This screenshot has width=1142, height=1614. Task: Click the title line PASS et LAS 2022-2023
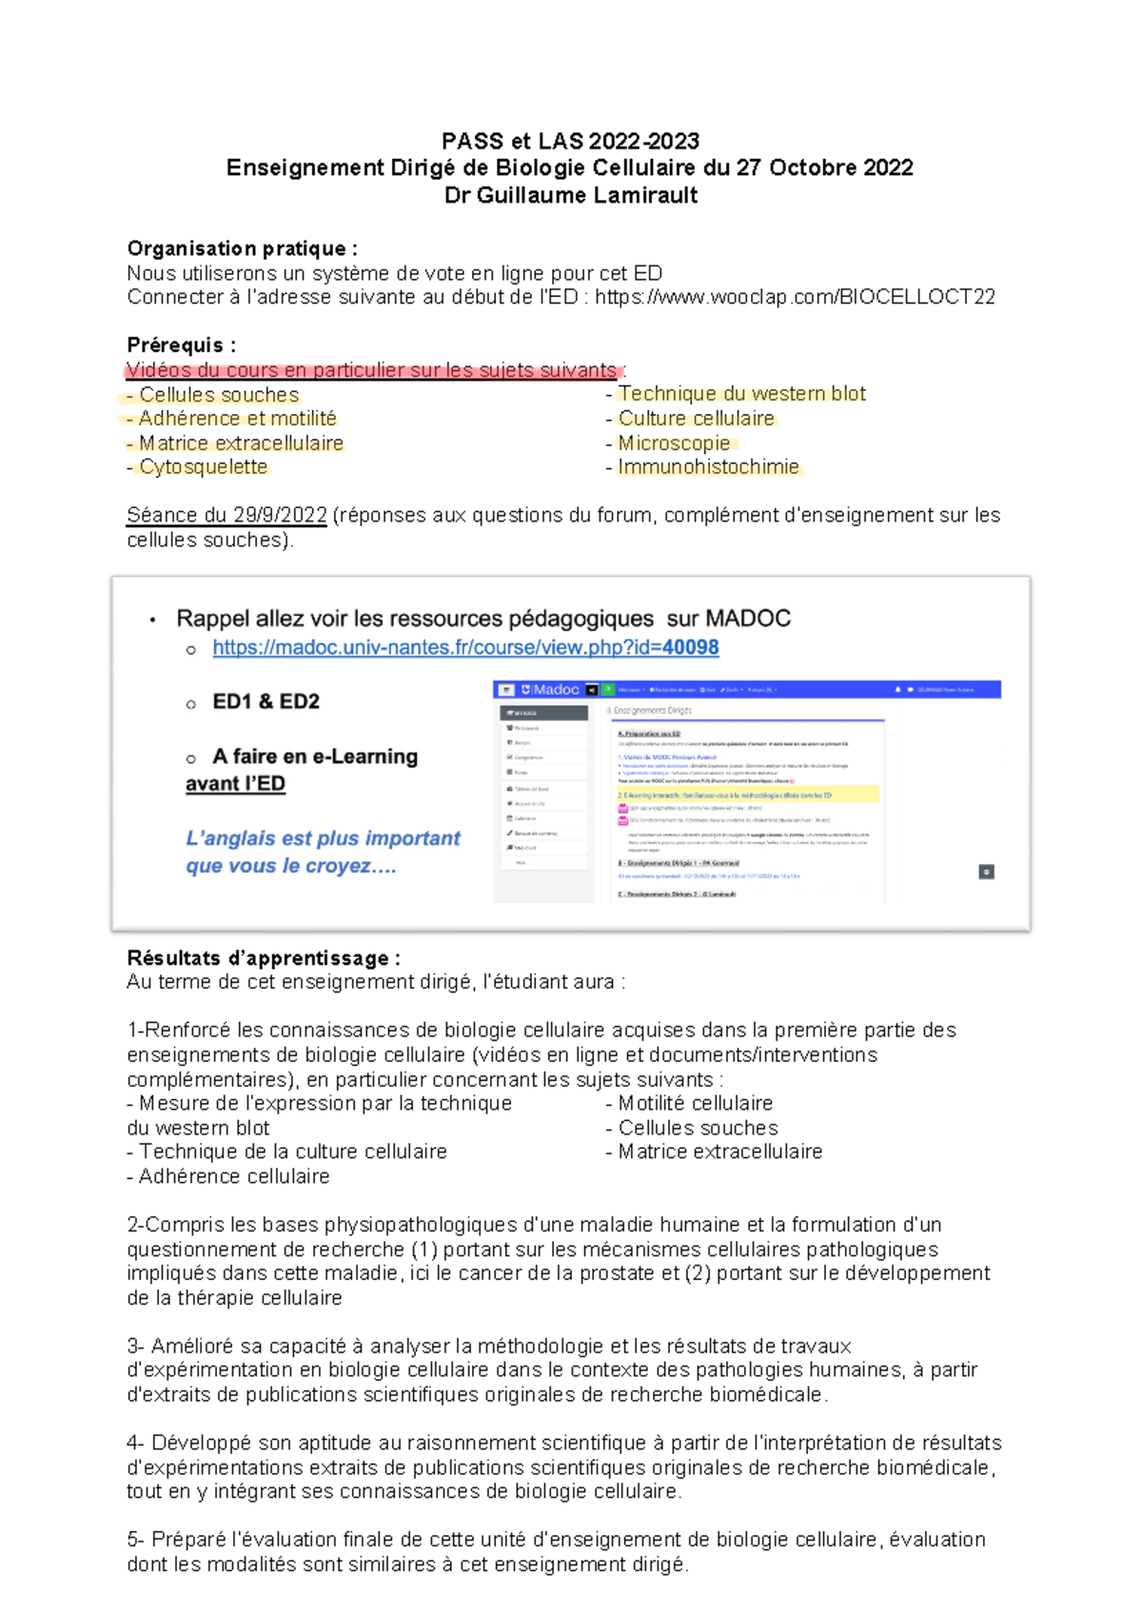(x=570, y=141)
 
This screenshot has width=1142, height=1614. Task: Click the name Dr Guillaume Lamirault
(x=570, y=195)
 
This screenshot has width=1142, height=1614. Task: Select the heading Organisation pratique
(x=242, y=248)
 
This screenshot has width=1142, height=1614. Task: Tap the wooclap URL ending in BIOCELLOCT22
(x=795, y=297)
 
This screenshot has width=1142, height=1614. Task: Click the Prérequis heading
(x=181, y=344)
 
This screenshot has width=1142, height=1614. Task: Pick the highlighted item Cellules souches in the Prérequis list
(x=218, y=394)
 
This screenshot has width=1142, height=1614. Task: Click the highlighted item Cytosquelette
(x=203, y=466)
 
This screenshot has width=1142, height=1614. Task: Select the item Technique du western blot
(x=741, y=393)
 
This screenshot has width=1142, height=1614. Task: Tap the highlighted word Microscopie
(x=674, y=443)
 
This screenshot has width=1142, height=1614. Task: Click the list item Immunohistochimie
(x=708, y=466)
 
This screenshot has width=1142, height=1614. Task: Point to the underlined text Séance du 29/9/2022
(x=226, y=515)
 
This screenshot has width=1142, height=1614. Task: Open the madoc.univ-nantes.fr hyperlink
(x=465, y=647)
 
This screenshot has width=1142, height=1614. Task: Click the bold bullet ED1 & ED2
(x=266, y=701)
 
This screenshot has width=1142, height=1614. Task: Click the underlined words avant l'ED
(x=235, y=783)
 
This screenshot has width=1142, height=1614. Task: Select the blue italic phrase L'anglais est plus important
(x=323, y=838)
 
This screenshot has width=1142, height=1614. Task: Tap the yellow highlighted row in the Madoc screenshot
(x=746, y=795)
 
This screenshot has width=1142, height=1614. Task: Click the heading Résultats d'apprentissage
(x=263, y=957)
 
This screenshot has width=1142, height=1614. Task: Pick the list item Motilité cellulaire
(x=695, y=1103)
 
